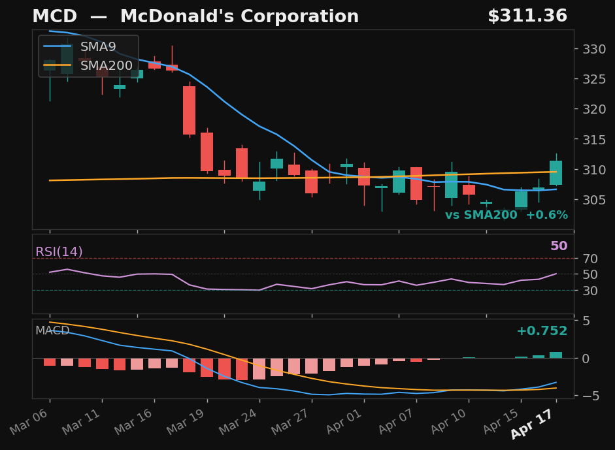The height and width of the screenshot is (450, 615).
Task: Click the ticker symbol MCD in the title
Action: (54, 17)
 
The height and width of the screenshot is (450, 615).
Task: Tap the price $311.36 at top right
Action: (527, 17)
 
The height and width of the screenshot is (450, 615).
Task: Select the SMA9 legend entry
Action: (98, 47)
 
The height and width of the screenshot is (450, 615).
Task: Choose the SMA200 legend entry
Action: (106, 65)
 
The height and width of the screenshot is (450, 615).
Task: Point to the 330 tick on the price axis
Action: (591, 49)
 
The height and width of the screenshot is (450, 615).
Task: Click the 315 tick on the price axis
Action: (591, 140)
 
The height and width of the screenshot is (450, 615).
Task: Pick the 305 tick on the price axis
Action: (591, 200)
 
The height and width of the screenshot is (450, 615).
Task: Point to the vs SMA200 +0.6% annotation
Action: (506, 216)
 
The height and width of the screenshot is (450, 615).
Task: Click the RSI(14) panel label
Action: (59, 252)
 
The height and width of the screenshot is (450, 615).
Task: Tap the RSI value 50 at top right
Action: (559, 246)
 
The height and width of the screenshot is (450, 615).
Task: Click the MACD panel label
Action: (52, 331)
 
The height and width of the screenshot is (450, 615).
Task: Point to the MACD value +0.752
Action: (542, 331)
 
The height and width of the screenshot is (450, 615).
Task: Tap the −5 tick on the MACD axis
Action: (588, 396)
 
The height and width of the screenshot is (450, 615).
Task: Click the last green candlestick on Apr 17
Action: (556, 172)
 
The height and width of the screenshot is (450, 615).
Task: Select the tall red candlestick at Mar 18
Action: (190, 110)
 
